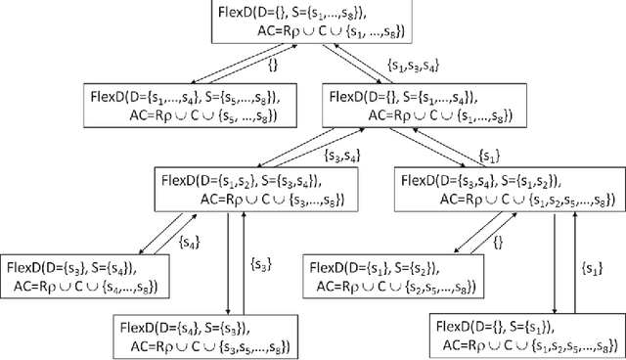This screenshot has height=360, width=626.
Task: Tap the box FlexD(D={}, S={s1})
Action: point(522,335)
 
